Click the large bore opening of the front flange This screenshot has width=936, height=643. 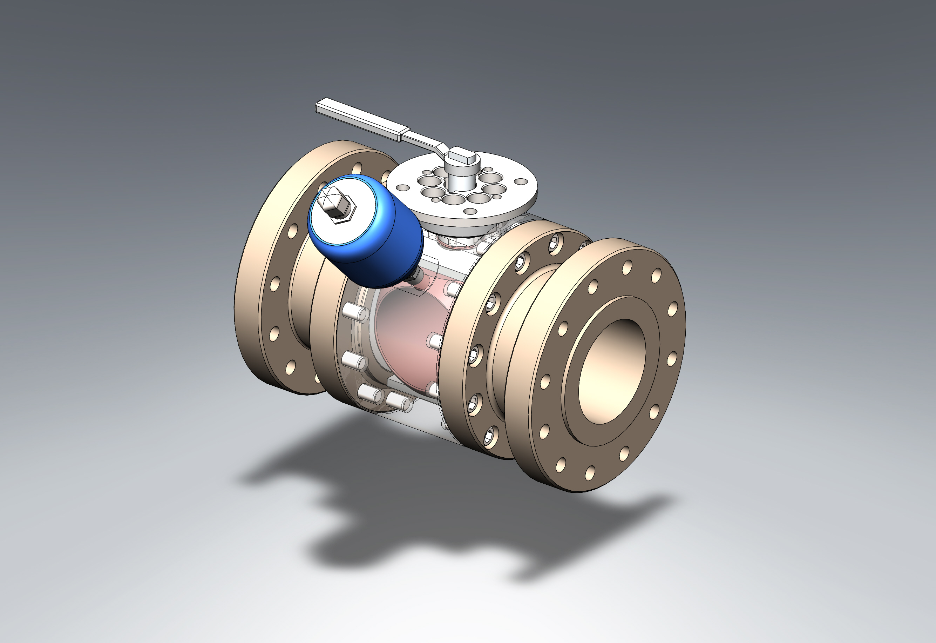click(x=612, y=371)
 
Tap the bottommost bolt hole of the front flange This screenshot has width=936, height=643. click(x=590, y=473)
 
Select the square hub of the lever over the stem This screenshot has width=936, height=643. click(x=463, y=156)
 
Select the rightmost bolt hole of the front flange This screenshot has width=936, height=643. click(x=673, y=309)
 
